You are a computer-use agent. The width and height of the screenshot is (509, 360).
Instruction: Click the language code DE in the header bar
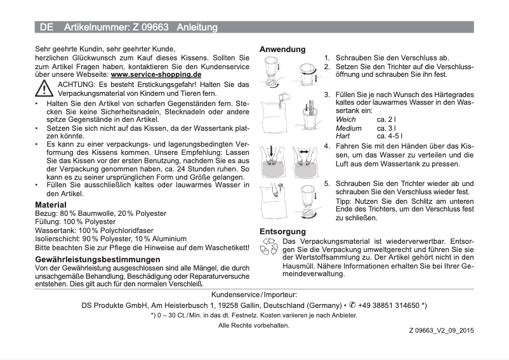tap(46, 27)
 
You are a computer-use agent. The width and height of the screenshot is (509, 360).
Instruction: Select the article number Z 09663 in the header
tap(149, 27)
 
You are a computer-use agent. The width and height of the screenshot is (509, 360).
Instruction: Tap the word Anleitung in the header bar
tap(197, 27)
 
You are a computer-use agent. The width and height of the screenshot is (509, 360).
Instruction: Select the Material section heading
tap(51, 205)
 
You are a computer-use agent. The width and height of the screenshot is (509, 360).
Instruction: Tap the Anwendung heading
tap(282, 49)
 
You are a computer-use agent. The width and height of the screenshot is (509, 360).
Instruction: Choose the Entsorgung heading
tap(282, 231)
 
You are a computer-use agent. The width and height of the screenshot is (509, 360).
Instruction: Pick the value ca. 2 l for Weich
tap(387, 119)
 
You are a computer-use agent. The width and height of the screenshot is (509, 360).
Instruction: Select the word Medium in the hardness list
tap(348, 128)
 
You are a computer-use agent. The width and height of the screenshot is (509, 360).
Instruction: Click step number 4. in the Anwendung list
tap(327, 145)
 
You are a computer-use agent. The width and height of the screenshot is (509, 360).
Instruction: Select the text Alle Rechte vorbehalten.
tap(254, 325)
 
